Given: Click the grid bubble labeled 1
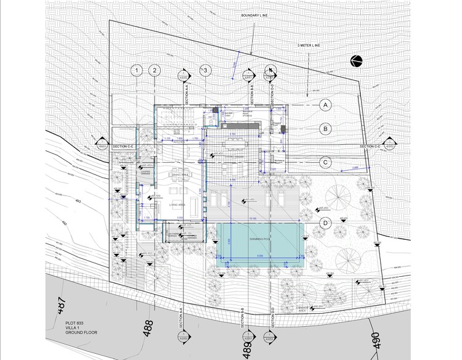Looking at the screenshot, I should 137,70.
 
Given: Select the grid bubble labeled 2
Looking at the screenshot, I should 154,70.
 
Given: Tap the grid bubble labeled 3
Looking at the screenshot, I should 206,70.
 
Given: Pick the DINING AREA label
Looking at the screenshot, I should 180,175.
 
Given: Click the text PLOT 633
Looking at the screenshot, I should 75,322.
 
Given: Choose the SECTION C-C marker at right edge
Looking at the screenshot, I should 389,145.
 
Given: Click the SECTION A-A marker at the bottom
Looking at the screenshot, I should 182,337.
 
